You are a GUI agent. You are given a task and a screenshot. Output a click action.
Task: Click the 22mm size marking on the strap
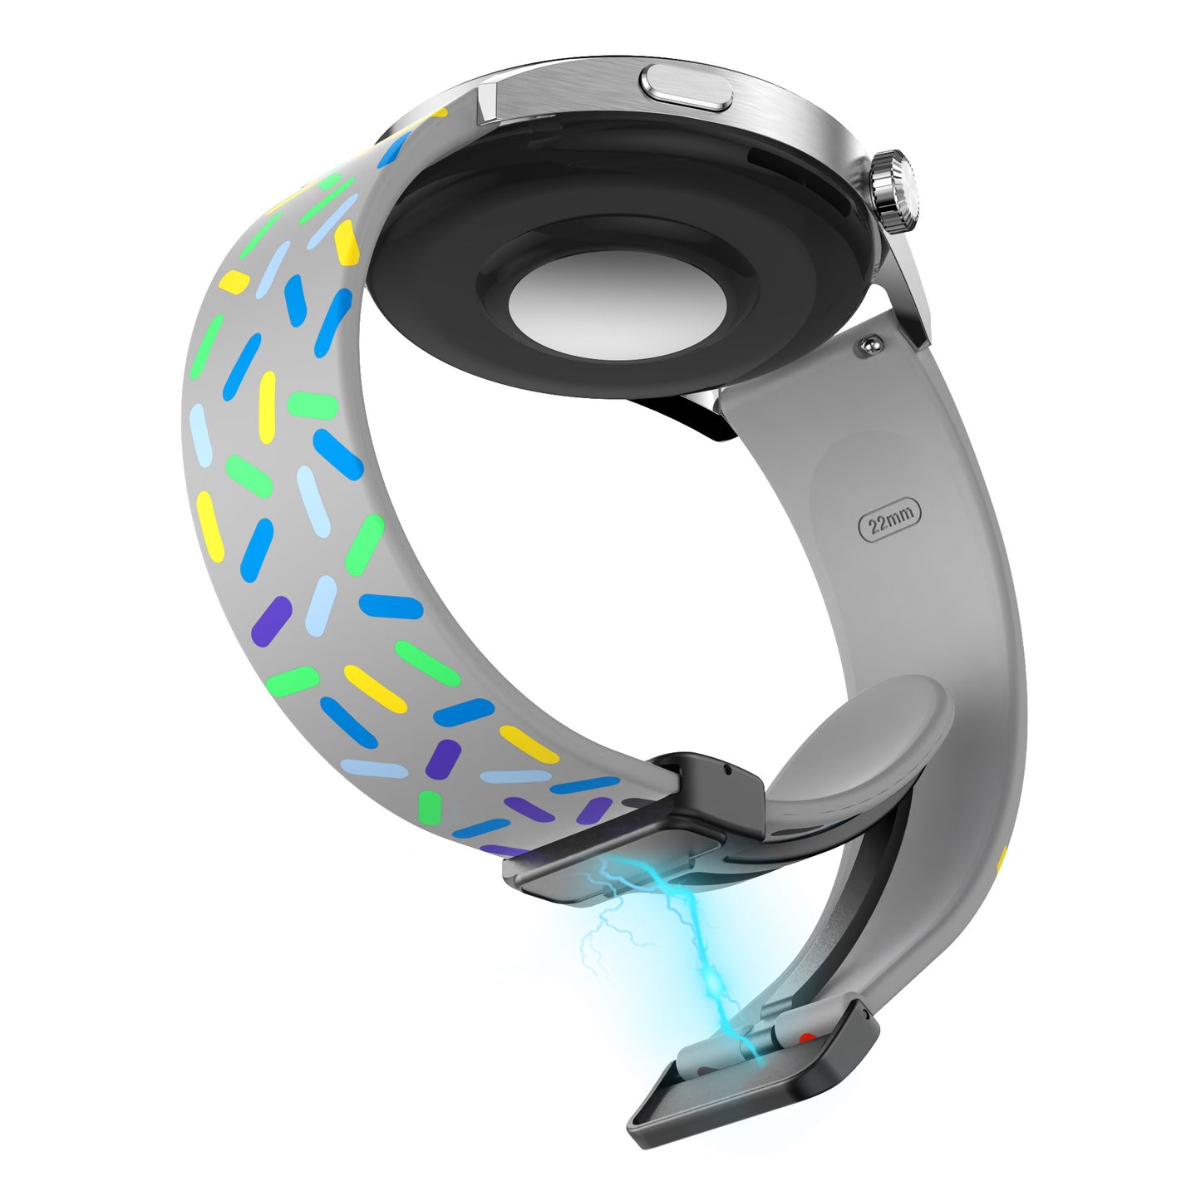889,519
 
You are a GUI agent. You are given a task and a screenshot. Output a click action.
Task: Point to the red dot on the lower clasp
807,1040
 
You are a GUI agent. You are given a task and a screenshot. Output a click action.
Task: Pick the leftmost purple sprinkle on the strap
271,620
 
